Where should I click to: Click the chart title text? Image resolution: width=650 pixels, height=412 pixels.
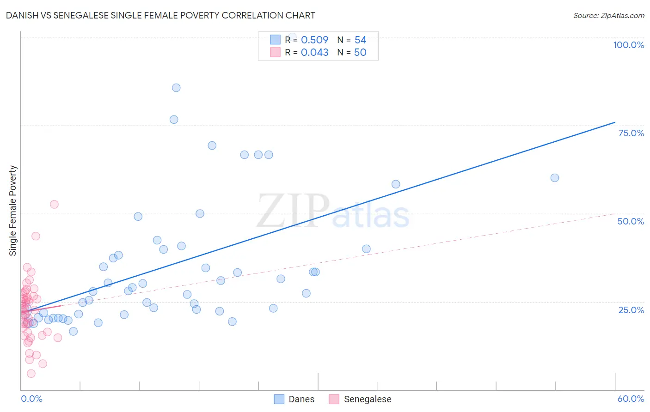(x=160, y=15)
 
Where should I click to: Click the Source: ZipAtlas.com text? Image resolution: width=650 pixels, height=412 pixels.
(x=608, y=15)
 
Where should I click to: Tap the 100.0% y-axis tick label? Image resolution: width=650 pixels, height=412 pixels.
(x=628, y=45)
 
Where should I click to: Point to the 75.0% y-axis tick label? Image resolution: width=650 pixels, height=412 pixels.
(x=631, y=133)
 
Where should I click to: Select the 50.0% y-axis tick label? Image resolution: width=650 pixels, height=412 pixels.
(x=631, y=221)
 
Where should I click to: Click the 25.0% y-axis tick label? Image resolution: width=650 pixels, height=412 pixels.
(x=631, y=309)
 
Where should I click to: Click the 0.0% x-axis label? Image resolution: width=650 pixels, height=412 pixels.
(x=31, y=399)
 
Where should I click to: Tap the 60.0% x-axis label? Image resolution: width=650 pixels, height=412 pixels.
(x=631, y=399)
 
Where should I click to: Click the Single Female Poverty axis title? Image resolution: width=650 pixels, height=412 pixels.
(x=13, y=211)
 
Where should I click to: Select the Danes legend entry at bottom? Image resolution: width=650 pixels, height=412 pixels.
(x=301, y=399)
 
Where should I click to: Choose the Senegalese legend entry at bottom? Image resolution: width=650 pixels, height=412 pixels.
(x=367, y=399)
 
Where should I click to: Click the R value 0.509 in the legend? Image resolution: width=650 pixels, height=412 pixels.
(x=314, y=40)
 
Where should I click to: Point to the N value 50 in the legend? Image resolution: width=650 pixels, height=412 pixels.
(x=360, y=52)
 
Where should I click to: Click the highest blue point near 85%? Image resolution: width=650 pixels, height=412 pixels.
(x=176, y=88)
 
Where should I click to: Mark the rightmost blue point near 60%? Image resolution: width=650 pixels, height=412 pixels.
(x=555, y=178)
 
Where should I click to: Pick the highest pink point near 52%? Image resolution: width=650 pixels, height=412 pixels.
(x=54, y=204)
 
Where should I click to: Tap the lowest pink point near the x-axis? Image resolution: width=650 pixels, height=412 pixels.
(x=31, y=373)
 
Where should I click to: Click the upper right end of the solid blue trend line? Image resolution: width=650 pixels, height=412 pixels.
(x=615, y=122)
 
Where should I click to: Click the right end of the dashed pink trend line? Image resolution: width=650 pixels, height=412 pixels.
(x=615, y=213)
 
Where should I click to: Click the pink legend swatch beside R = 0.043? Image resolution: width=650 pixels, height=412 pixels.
(x=275, y=52)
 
